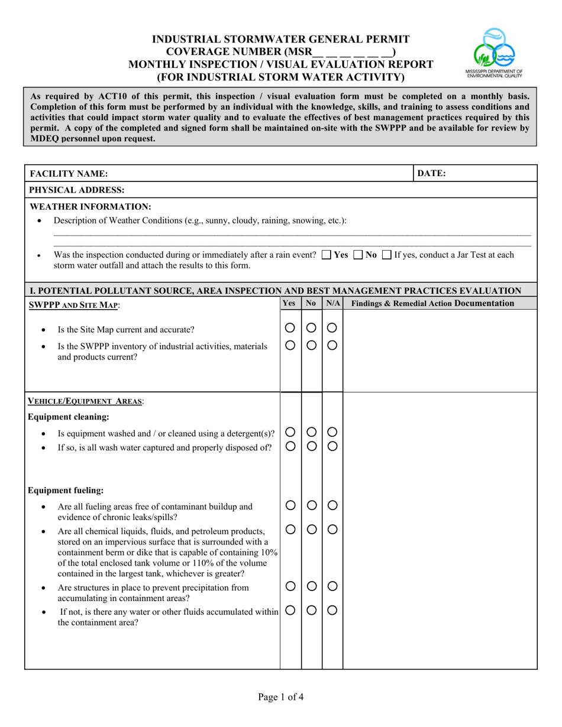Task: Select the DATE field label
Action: coord(432,173)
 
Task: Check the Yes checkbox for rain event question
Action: coord(327,255)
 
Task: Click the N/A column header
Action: coord(332,303)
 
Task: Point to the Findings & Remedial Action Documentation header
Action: coord(432,303)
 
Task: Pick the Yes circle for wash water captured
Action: coord(290,447)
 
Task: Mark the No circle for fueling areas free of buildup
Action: coord(312,505)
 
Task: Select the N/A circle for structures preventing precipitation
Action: coord(332,586)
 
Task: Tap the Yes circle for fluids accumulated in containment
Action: coord(290,611)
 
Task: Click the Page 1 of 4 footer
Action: coord(281,697)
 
